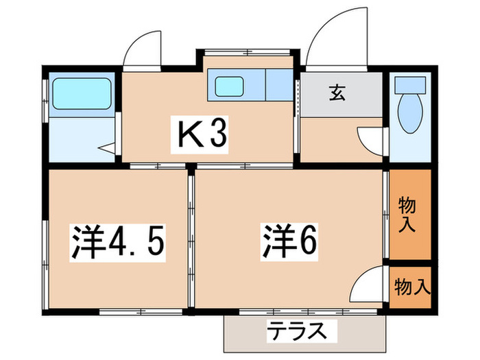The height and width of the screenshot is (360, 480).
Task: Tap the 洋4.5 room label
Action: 119,241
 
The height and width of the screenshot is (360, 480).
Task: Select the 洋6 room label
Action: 288,241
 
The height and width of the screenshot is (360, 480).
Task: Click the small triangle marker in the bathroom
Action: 107,146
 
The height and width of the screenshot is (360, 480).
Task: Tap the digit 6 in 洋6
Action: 305,241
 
